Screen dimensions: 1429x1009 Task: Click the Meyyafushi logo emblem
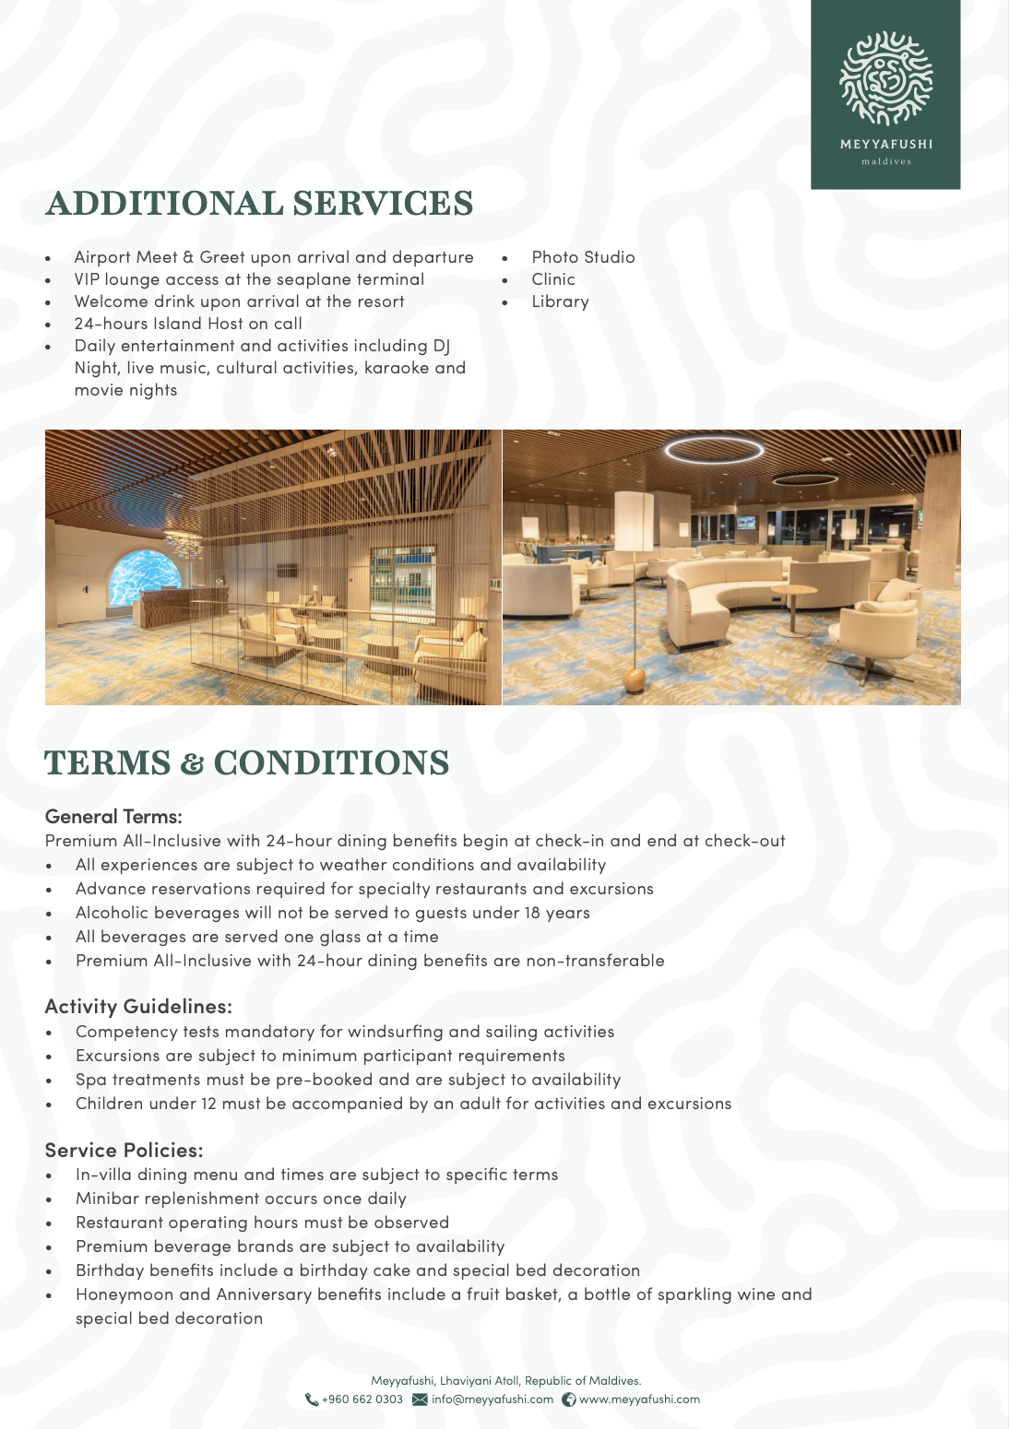click(885, 78)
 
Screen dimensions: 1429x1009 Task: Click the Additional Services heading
click(259, 204)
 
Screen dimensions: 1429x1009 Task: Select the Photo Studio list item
click(583, 257)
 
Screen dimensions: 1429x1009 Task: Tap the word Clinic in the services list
click(553, 279)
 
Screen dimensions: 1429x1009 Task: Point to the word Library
click(560, 301)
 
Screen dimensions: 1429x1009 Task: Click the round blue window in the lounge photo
click(146, 584)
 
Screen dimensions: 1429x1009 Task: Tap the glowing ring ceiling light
click(714, 450)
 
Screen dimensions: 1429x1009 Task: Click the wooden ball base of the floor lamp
click(635, 679)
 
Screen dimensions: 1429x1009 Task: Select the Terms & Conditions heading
click(247, 763)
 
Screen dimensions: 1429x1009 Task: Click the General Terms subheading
click(113, 817)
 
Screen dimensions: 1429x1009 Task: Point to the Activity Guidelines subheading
click(138, 1007)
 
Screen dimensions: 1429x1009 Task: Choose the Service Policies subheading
click(124, 1151)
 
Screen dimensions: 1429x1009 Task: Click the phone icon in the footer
click(312, 1399)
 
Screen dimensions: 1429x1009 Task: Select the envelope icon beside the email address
click(420, 1399)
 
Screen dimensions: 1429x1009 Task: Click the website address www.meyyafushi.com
click(639, 1399)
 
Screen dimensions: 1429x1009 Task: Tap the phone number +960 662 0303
click(362, 1399)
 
